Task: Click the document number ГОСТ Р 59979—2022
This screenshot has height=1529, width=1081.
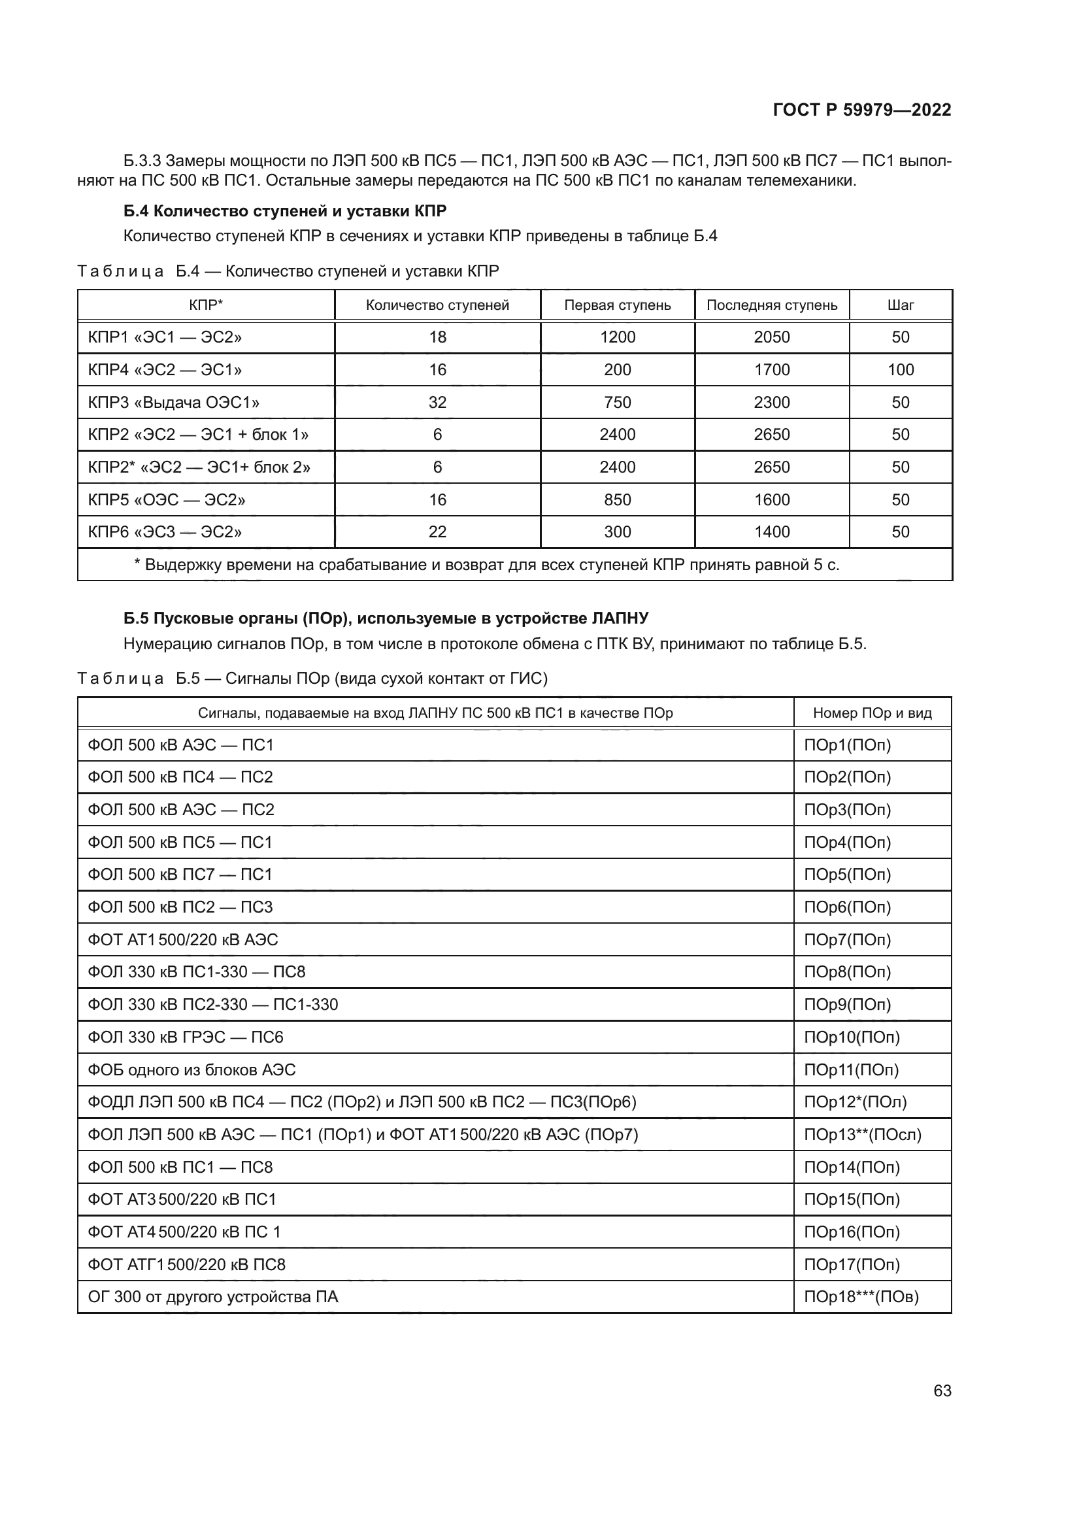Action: [861, 110]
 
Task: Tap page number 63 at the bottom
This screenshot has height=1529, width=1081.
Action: [942, 1390]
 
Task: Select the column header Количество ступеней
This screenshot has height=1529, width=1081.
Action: [437, 305]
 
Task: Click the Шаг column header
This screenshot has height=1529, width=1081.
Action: [900, 305]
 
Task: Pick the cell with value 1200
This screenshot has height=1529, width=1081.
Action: [617, 337]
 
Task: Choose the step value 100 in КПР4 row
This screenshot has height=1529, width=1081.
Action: [900, 369]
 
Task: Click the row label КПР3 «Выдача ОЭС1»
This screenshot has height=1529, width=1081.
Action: [174, 402]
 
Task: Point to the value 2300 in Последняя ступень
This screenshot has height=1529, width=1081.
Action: [771, 402]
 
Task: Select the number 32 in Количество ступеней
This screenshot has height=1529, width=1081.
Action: [437, 402]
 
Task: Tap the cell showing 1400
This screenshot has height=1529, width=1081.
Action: [771, 531]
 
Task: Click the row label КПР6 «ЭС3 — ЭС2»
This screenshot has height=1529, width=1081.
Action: [165, 531]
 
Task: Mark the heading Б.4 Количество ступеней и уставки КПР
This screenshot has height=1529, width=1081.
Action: [285, 211]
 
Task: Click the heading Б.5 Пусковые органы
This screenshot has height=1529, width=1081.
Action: [386, 618]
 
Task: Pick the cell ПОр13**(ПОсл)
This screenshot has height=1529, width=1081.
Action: [862, 1134]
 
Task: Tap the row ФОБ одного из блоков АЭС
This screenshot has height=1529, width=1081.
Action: [191, 1069]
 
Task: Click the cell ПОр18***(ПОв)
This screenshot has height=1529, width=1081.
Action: [861, 1296]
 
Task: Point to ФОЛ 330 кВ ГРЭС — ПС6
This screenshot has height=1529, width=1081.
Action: [186, 1037]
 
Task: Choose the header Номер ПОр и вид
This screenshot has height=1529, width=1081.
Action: [871, 713]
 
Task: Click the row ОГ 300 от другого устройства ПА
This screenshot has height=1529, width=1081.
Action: [213, 1296]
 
